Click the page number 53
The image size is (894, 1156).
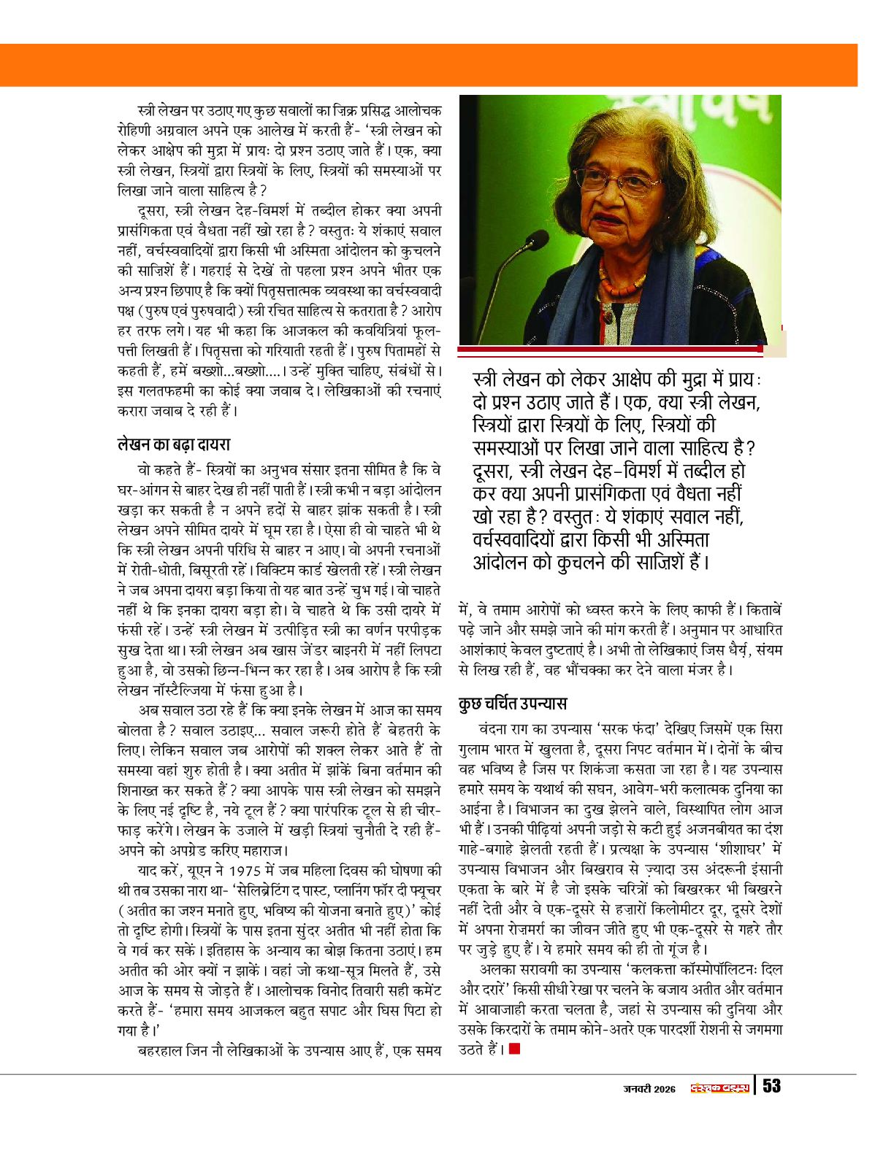tap(771, 1086)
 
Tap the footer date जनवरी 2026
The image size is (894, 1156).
tap(649, 1088)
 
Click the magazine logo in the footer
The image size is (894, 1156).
tap(719, 1088)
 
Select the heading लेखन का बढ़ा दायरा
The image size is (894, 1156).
tap(174, 444)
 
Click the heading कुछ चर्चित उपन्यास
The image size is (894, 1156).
tap(513, 704)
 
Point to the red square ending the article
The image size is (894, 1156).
tap(515, 1049)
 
